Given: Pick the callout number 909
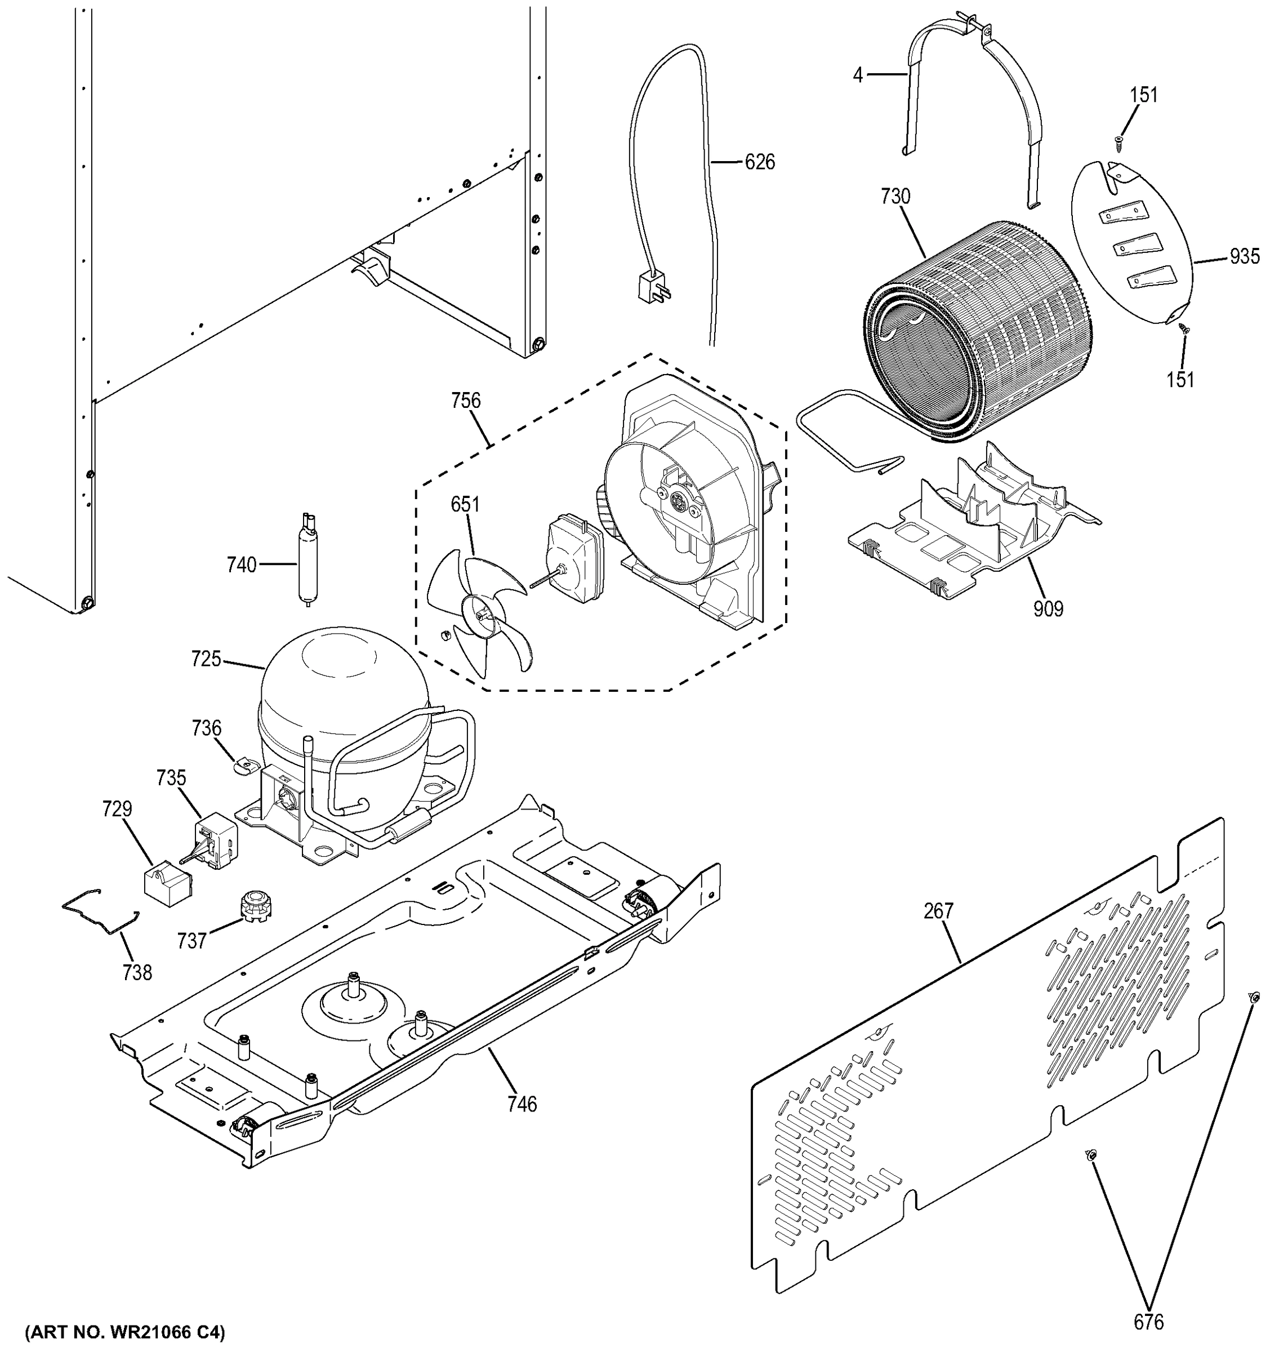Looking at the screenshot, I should tap(1048, 608).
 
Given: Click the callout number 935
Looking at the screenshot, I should tap(1244, 256).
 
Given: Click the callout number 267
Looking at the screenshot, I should tap(938, 910).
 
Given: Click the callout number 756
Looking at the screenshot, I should tap(466, 401).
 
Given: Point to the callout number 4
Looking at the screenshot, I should tap(858, 75).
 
